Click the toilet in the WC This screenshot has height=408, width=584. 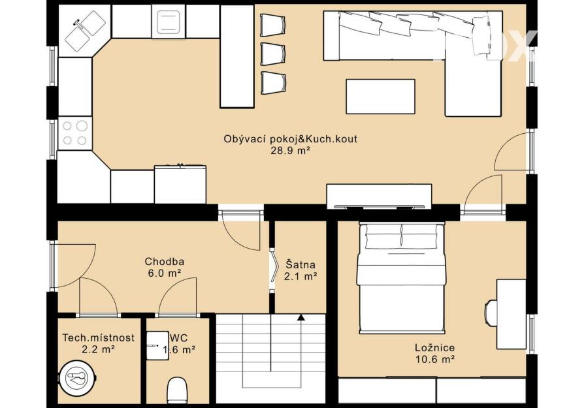coord(176,390)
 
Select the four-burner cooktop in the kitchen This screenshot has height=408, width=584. coord(75,133)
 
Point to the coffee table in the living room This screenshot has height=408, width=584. coord(380,97)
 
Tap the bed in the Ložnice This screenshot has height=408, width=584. coord(402,277)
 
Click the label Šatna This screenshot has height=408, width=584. coord(300,264)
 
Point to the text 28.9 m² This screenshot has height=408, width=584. coord(291,151)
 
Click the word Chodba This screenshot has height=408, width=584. coord(164,262)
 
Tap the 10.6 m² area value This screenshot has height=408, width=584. coord(434,359)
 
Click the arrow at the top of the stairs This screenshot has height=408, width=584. coord(300,317)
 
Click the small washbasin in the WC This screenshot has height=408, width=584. coord(157,345)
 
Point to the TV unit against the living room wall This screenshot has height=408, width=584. coord(379,196)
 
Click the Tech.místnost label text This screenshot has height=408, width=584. coord(99,337)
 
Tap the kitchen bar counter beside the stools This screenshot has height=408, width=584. coord(237,57)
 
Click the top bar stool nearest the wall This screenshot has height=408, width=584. coord(273,25)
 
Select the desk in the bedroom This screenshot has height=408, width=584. coord(511,314)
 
